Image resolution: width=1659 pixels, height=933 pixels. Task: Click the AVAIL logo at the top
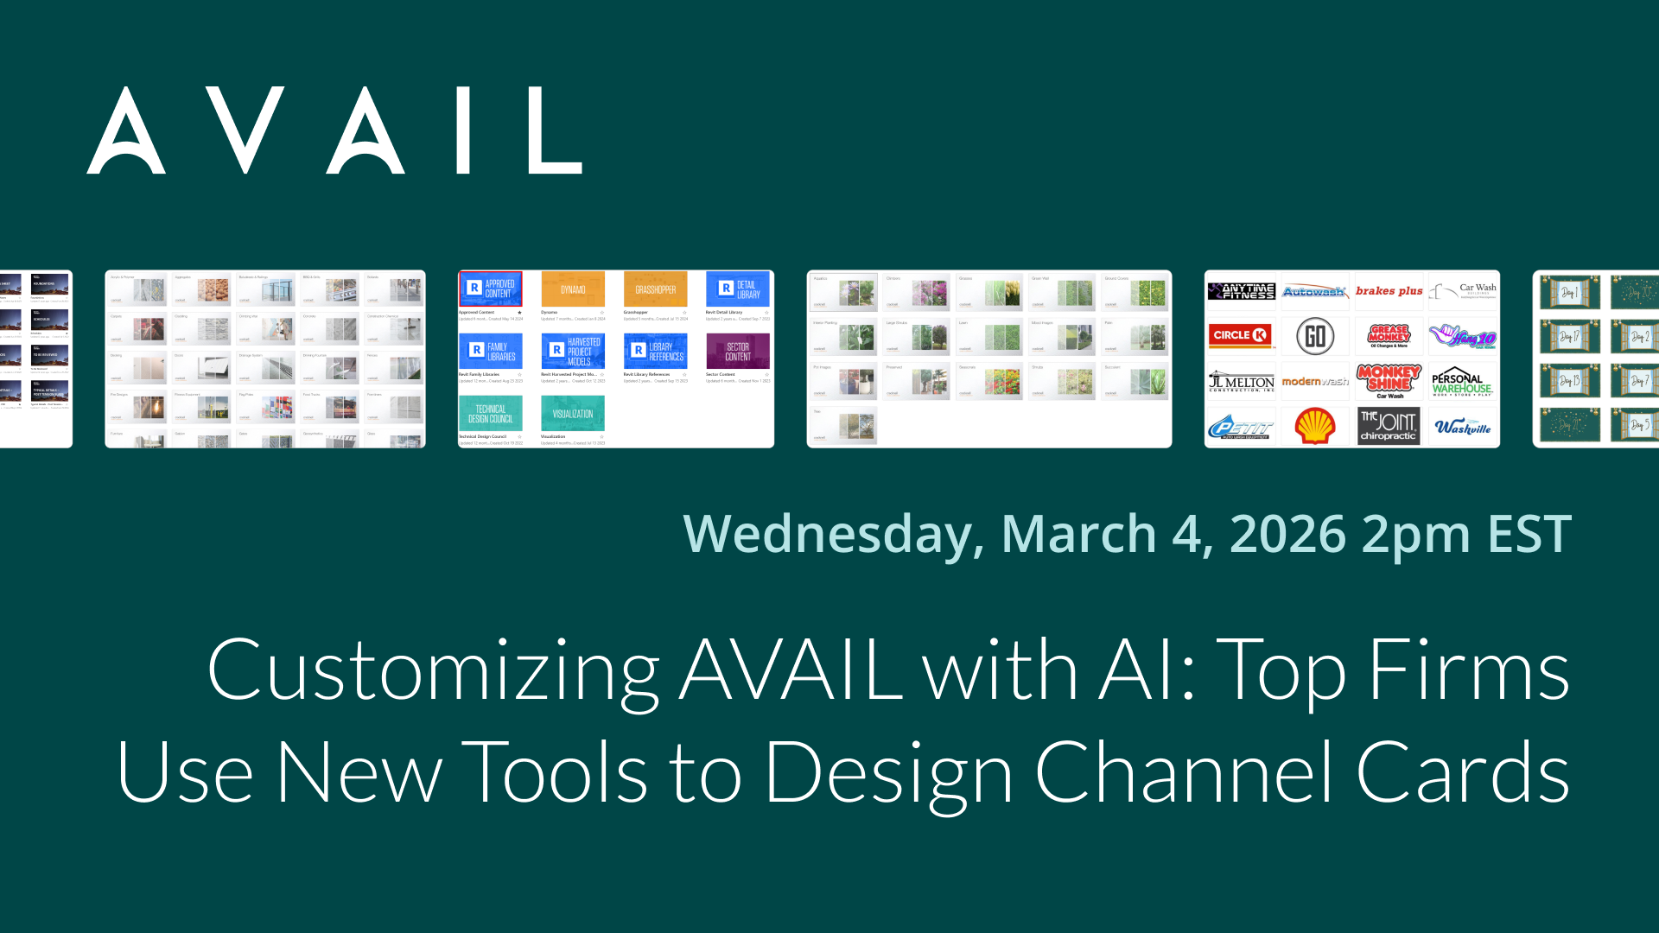[x=334, y=130]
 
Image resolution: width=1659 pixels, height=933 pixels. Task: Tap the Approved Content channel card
[x=490, y=289]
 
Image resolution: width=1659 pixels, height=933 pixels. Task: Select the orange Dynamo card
[x=572, y=289]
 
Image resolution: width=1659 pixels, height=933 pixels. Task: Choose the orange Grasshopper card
[x=655, y=289]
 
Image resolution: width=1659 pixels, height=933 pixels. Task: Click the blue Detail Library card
[x=737, y=289]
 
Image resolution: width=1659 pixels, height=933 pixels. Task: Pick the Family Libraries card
[x=490, y=352]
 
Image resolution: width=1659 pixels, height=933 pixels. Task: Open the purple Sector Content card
[x=737, y=352]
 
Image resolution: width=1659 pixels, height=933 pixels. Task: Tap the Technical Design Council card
[x=490, y=414]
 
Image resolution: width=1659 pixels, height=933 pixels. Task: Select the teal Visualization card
[x=572, y=414]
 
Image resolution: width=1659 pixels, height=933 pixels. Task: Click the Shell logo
[x=1314, y=426]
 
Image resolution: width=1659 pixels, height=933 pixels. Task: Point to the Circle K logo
[x=1241, y=335]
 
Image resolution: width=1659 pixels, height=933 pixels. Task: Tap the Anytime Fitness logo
[x=1241, y=291]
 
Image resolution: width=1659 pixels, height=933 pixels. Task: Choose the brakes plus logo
[x=1389, y=291]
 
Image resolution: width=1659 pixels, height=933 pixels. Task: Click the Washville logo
[x=1462, y=427]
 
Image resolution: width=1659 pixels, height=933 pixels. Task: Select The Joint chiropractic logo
[x=1389, y=426]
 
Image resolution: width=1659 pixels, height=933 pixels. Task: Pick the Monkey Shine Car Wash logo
[x=1389, y=381]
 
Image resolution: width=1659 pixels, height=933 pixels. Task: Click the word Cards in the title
[x=1462, y=772]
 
